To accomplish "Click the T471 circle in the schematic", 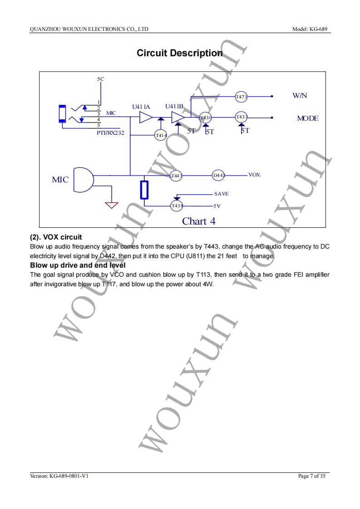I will pyautogui.click(x=241, y=97).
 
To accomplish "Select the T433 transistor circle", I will pyautogui.click(x=242, y=117).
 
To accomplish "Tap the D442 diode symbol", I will pyautogui.click(x=219, y=175).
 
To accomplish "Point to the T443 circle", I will pyautogui.click(x=176, y=176).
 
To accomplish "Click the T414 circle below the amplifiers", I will pyautogui.click(x=161, y=135).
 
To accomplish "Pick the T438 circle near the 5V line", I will pyautogui.click(x=177, y=206).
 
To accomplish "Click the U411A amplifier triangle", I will pyautogui.click(x=146, y=118).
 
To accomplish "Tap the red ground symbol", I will pyautogui.click(x=111, y=205).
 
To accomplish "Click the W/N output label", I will pyautogui.click(x=300, y=96).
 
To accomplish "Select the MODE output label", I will pyautogui.click(x=307, y=118).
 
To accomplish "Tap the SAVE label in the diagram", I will pyautogui.click(x=221, y=194).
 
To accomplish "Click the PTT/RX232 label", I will pyautogui.click(x=110, y=133).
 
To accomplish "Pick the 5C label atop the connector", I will pyautogui.click(x=100, y=79).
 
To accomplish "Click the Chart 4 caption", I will pyautogui.click(x=199, y=221).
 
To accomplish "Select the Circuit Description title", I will pyautogui.click(x=180, y=53).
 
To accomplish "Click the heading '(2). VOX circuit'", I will pyautogui.click(x=56, y=237).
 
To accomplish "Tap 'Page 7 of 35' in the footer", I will pyautogui.click(x=312, y=476).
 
